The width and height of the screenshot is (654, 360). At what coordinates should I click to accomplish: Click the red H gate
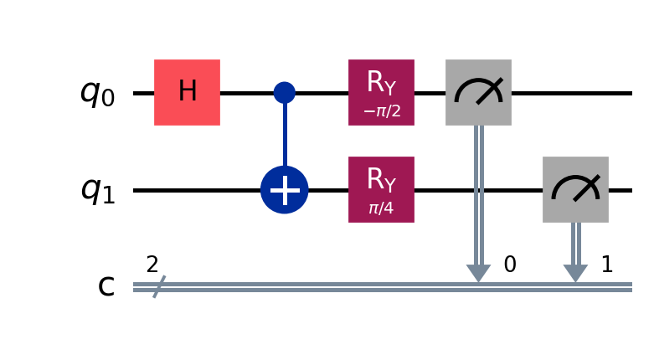pos(187,92)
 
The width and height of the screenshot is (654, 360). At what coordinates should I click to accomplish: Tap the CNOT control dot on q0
pos(285,92)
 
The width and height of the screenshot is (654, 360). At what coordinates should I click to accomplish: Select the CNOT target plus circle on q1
pos(285,190)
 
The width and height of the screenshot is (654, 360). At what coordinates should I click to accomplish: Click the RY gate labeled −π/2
pos(381,92)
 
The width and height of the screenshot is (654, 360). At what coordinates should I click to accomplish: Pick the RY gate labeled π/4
pos(381,190)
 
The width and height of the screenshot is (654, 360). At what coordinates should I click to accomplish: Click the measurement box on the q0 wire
pos(478,92)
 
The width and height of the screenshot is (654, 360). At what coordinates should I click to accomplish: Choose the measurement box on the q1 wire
pos(575,190)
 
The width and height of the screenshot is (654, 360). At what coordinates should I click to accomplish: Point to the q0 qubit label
pos(97,93)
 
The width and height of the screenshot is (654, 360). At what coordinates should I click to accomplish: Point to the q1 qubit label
pos(97,191)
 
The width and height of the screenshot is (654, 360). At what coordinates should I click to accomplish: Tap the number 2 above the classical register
pos(152,265)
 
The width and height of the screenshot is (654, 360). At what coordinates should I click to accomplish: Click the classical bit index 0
pos(509,265)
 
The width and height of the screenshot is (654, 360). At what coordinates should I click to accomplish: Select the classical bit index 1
pos(607,265)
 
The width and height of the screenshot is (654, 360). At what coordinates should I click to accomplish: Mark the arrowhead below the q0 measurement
pos(478,274)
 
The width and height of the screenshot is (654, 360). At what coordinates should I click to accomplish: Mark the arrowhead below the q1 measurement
pos(575,274)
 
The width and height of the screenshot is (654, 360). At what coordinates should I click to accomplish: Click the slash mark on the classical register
pos(155,287)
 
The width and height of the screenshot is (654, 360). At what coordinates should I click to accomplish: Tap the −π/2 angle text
pos(381,110)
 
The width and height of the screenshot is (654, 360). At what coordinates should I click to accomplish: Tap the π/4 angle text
pos(381,208)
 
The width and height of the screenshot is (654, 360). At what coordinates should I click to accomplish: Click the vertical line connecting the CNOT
pos(285,134)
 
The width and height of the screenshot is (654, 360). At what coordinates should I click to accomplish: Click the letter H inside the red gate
pos(187,92)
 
